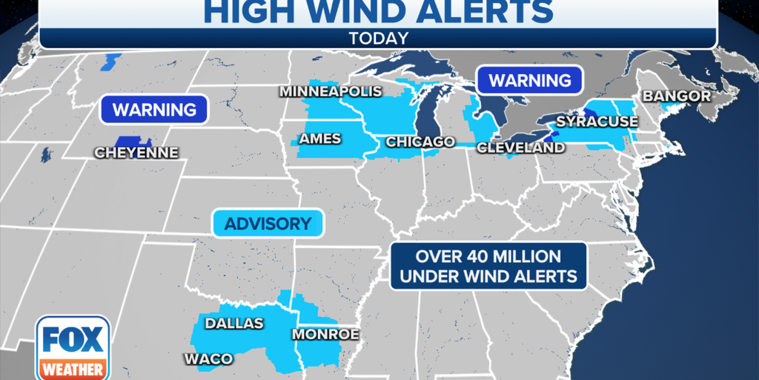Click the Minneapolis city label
[x=331, y=91]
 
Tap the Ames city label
[x=319, y=139]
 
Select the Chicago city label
[x=420, y=142]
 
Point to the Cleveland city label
[x=520, y=148]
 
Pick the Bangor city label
[x=676, y=96]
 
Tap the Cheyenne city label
[x=136, y=152]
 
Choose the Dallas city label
[x=233, y=323]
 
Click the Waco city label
[x=208, y=359]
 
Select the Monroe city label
[x=325, y=335]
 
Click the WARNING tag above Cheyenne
[x=154, y=111]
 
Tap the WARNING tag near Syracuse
[x=529, y=80]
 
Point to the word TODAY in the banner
[x=378, y=36]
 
